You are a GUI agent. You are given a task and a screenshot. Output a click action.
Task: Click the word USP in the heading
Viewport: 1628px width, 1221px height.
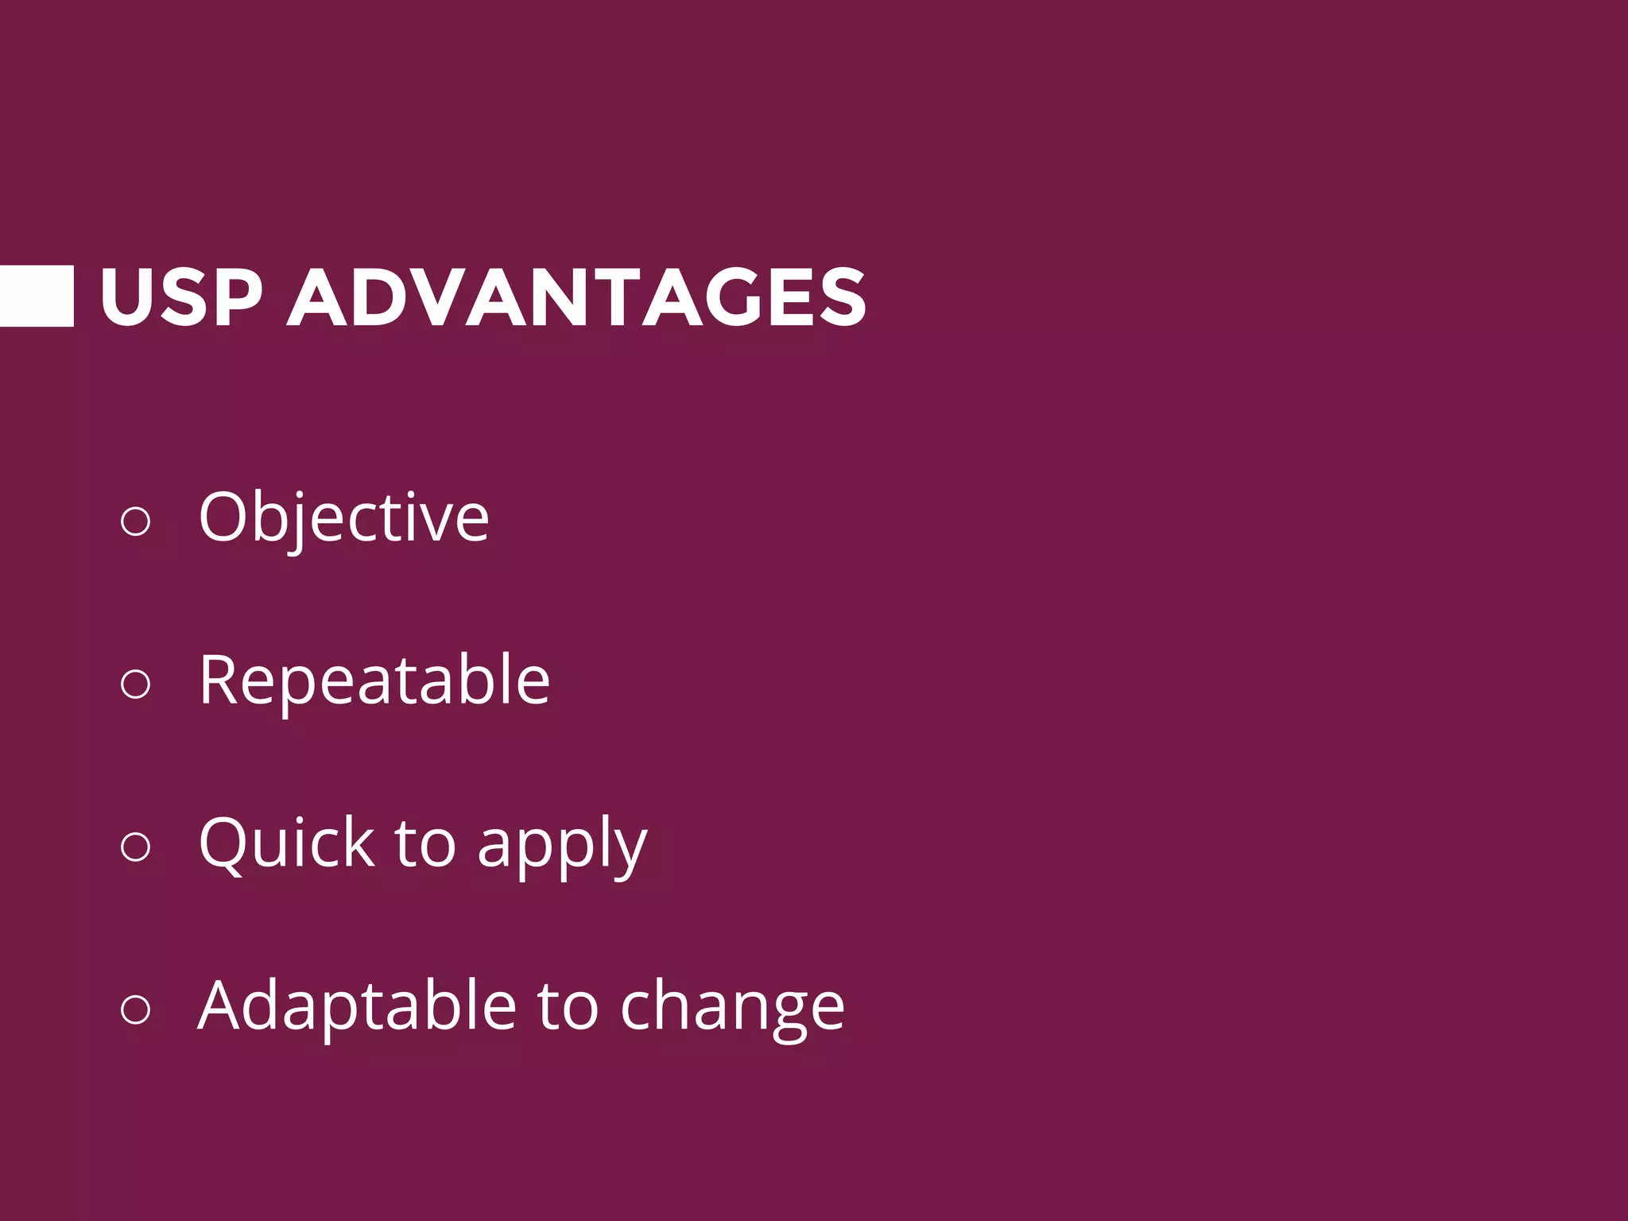click(180, 297)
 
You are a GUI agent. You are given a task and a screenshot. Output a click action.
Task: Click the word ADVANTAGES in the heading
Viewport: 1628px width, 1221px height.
click(576, 297)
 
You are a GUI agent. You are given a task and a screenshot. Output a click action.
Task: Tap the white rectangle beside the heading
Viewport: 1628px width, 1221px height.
click(37, 296)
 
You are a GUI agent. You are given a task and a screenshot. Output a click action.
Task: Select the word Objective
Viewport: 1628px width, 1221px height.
click(343, 518)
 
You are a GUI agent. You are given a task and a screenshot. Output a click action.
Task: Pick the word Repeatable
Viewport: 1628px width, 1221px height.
click(374, 680)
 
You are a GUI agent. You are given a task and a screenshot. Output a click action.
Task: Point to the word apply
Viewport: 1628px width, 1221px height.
click(562, 846)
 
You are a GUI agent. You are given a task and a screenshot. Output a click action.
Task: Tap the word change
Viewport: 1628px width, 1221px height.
click(731, 1008)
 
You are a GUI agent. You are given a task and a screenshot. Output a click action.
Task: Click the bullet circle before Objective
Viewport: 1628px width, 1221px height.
click(135, 521)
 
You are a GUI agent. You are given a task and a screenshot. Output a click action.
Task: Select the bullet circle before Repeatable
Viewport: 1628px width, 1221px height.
click(135, 684)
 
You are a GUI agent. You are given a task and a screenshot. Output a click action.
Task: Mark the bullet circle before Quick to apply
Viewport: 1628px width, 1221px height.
click(135, 846)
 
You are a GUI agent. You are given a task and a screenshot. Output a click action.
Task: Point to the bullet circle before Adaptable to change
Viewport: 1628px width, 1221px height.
click(135, 1009)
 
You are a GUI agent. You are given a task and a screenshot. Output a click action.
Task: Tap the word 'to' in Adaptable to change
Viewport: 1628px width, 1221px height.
click(568, 1006)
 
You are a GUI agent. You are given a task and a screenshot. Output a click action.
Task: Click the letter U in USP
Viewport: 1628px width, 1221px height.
click(127, 297)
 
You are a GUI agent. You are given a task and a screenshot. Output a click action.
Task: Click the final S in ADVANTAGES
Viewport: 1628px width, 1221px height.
click(840, 297)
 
